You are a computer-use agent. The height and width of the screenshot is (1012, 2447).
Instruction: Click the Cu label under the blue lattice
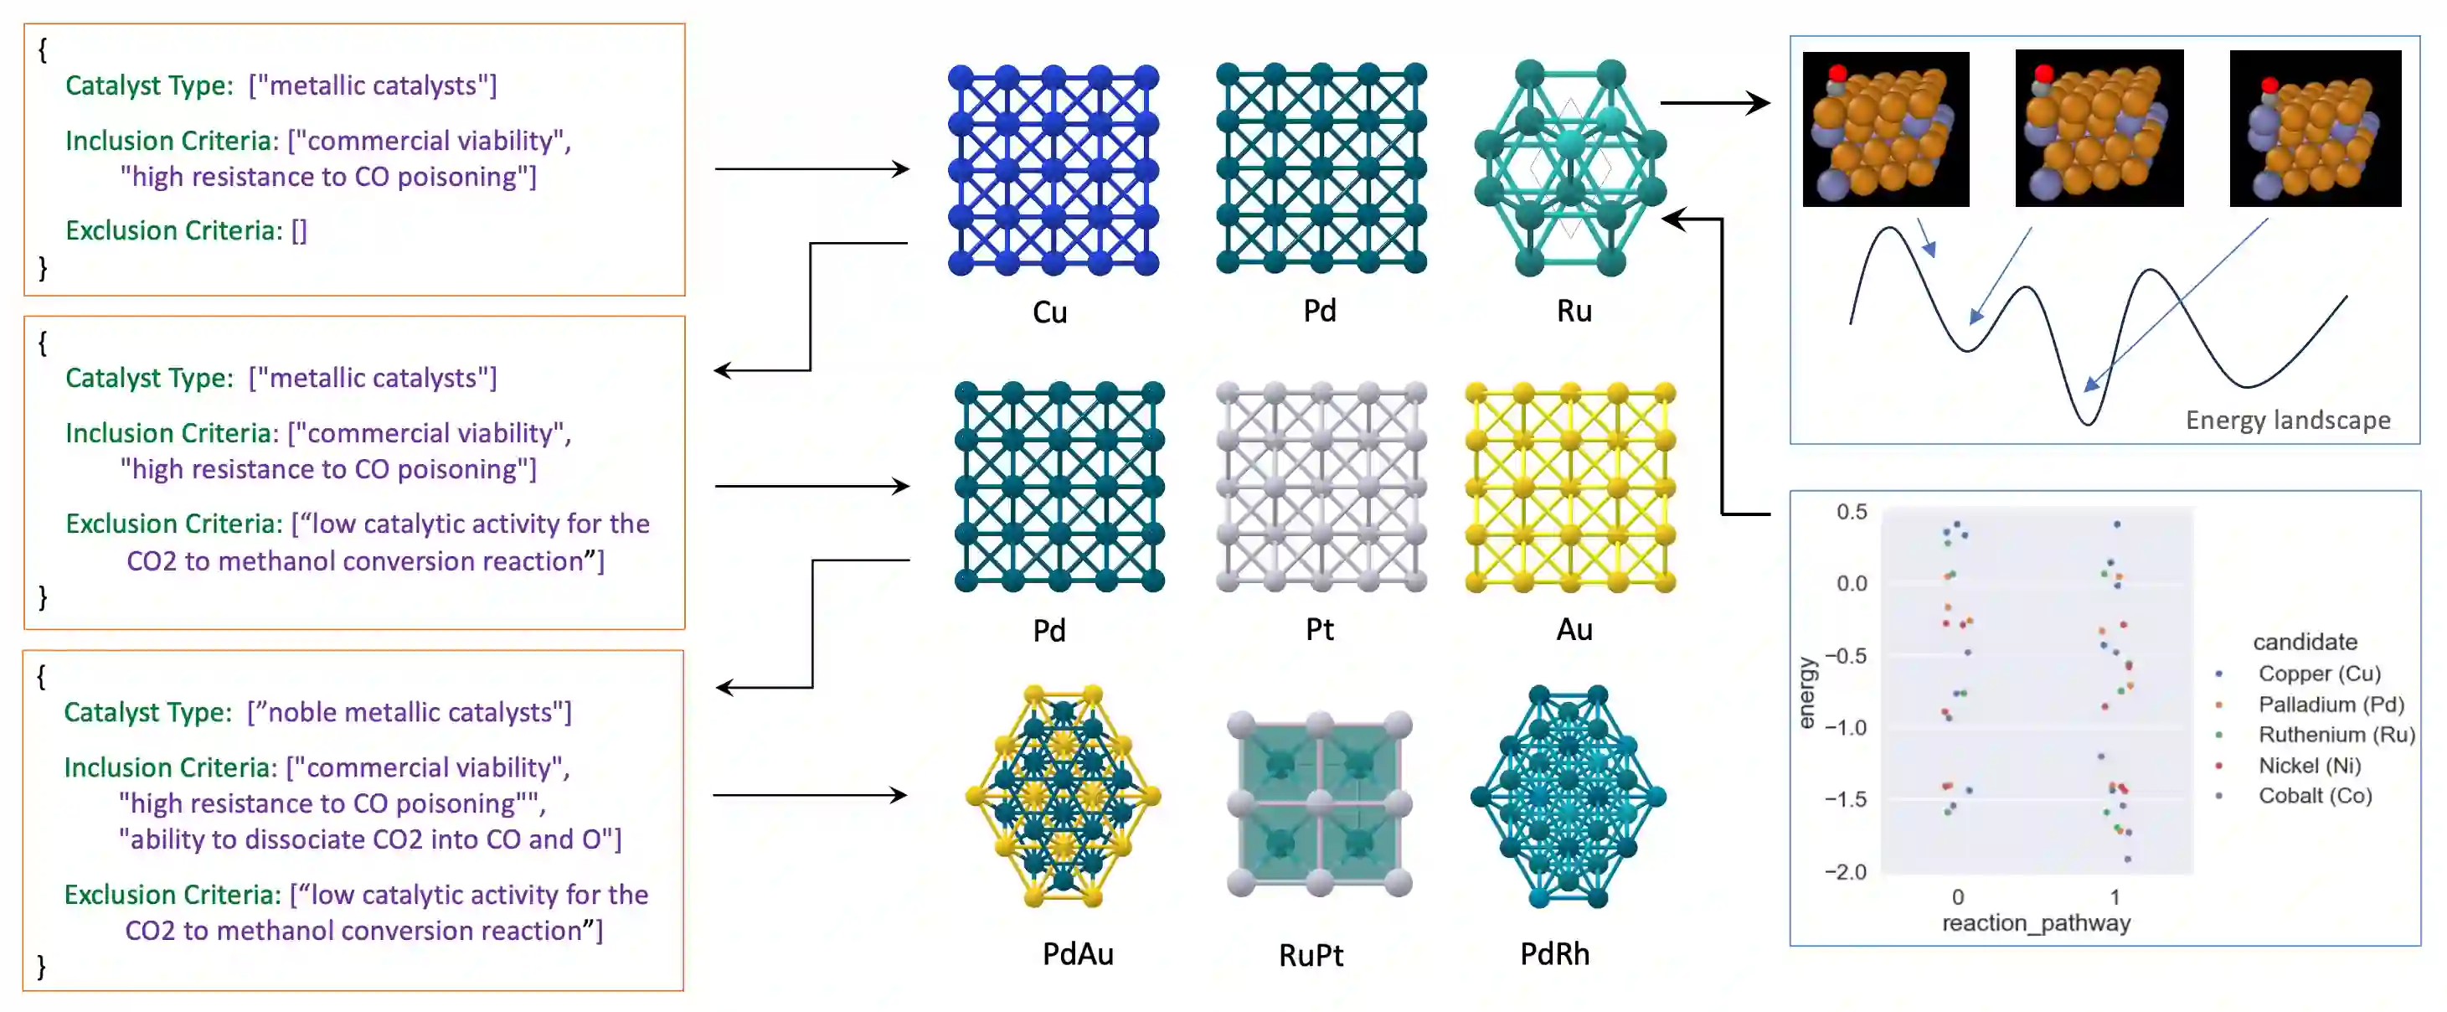(1049, 312)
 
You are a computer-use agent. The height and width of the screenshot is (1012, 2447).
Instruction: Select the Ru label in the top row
(1574, 311)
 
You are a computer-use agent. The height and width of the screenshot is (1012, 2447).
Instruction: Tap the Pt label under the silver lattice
(1320, 629)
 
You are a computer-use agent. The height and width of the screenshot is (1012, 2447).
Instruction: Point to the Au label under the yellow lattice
(1574, 629)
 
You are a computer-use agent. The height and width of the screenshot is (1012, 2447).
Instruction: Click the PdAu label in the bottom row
(1077, 953)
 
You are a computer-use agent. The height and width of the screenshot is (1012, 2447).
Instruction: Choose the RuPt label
(1311, 955)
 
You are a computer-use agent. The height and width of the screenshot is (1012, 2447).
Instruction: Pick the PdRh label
(1555, 953)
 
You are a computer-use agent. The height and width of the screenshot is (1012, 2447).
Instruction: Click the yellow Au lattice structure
(1570, 488)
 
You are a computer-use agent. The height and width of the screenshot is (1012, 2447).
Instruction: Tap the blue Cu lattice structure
(1053, 170)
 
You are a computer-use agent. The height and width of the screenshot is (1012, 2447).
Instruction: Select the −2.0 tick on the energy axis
(1845, 871)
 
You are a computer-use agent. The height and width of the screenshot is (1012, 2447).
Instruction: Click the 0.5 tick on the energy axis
(1852, 512)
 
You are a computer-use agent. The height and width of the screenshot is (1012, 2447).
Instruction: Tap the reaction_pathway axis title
(2036, 922)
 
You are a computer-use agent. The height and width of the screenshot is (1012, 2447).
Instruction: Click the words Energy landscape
(2287, 420)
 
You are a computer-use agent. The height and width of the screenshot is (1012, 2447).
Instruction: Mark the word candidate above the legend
(2305, 642)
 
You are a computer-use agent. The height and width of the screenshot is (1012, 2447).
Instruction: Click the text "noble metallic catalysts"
(410, 713)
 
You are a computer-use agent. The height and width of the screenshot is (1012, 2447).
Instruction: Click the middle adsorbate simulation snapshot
(2099, 128)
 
